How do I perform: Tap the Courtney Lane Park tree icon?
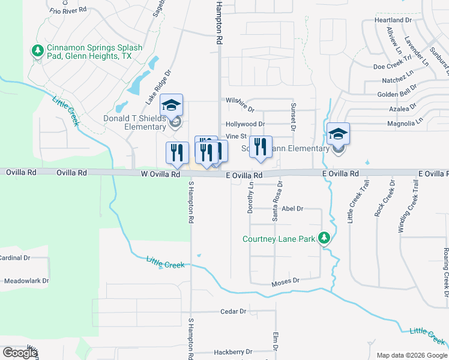(324, 239)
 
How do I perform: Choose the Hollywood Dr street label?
(245, 124)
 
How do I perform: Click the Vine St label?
(236, 137)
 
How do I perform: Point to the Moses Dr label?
(285, 281)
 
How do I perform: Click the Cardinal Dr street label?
(15, 258)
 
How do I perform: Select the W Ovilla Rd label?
(160, 175)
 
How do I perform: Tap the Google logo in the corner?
(20, 353)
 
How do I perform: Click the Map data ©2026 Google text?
(411, 355)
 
